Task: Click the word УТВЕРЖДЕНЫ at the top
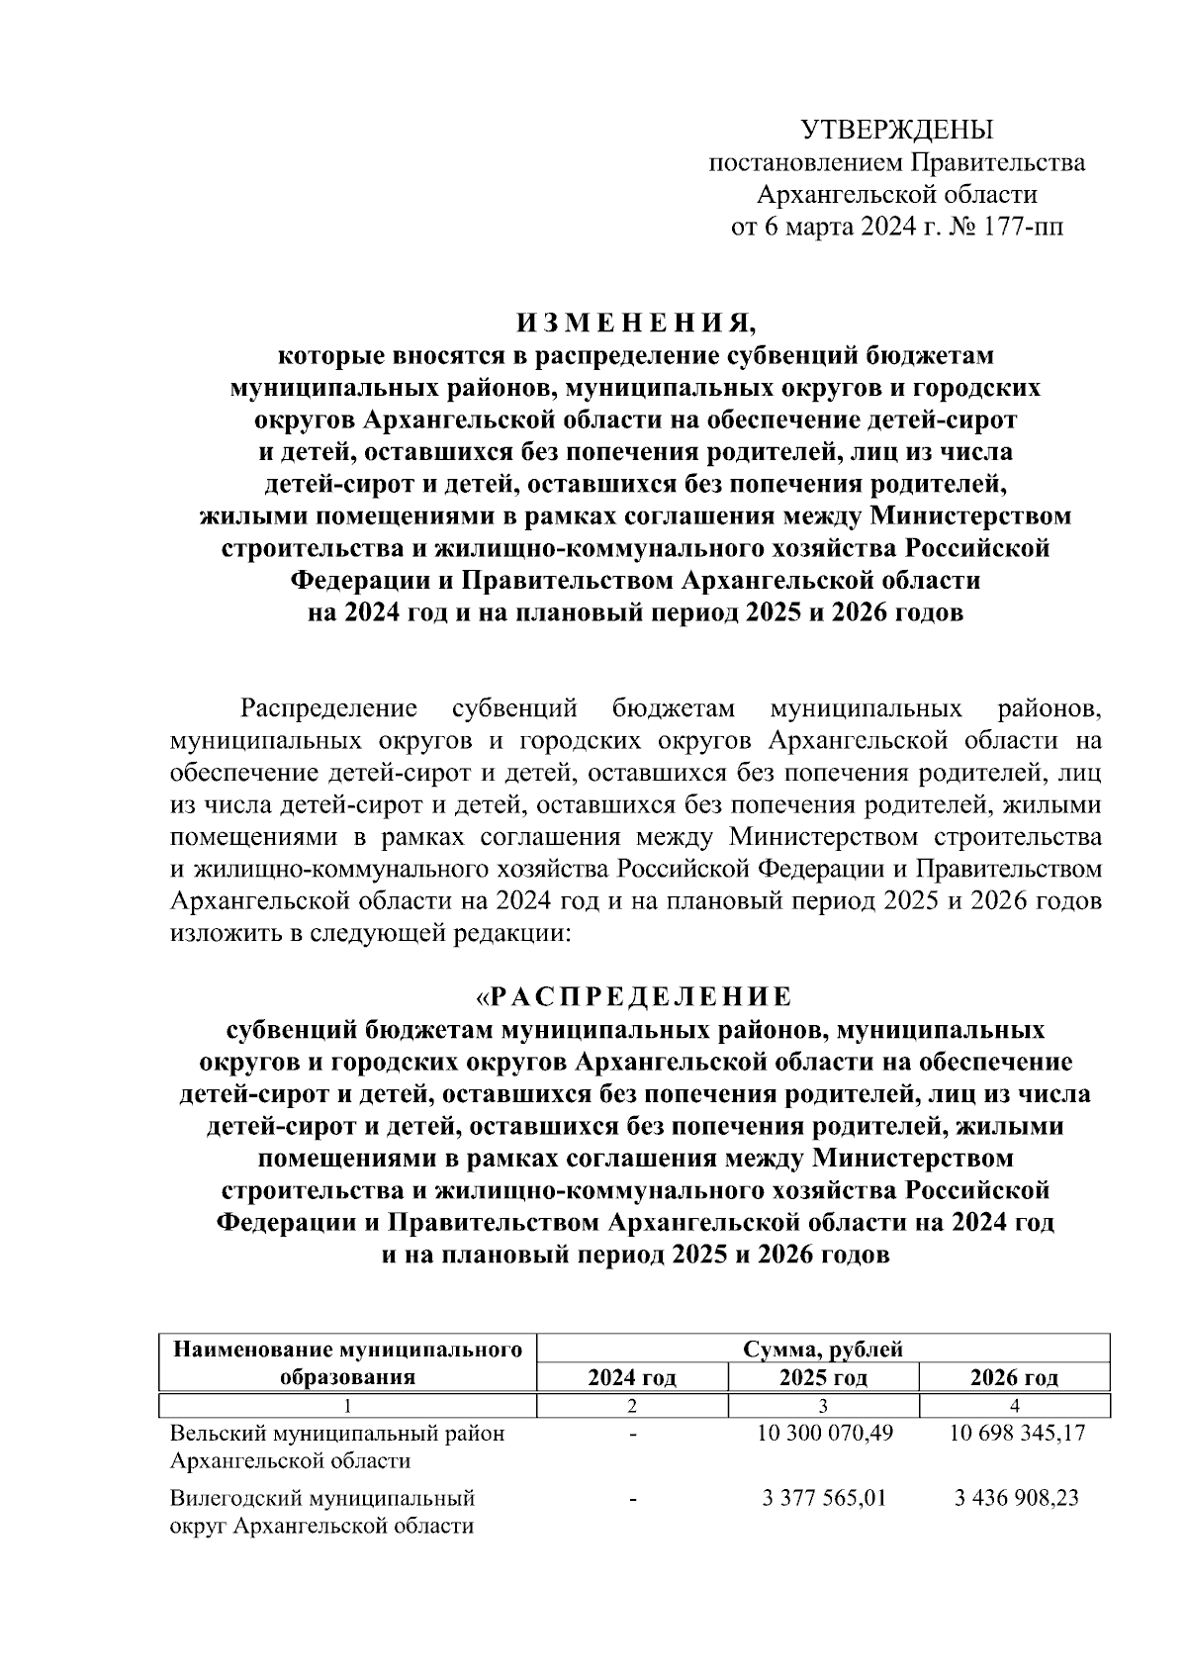point(896,130)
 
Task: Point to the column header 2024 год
point(632,1377)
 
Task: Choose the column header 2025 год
point(823,1377)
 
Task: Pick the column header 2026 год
point(1014,1377)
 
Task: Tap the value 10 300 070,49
point(824,1433)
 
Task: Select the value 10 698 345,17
point(1015,1433)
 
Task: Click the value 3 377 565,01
point(824,1498)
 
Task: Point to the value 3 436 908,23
point(1016,1498)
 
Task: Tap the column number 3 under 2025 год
point(823,1405)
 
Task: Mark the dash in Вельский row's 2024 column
point(632,1433)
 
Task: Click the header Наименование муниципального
point(347,1349)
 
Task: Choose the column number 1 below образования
point(347,1405)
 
